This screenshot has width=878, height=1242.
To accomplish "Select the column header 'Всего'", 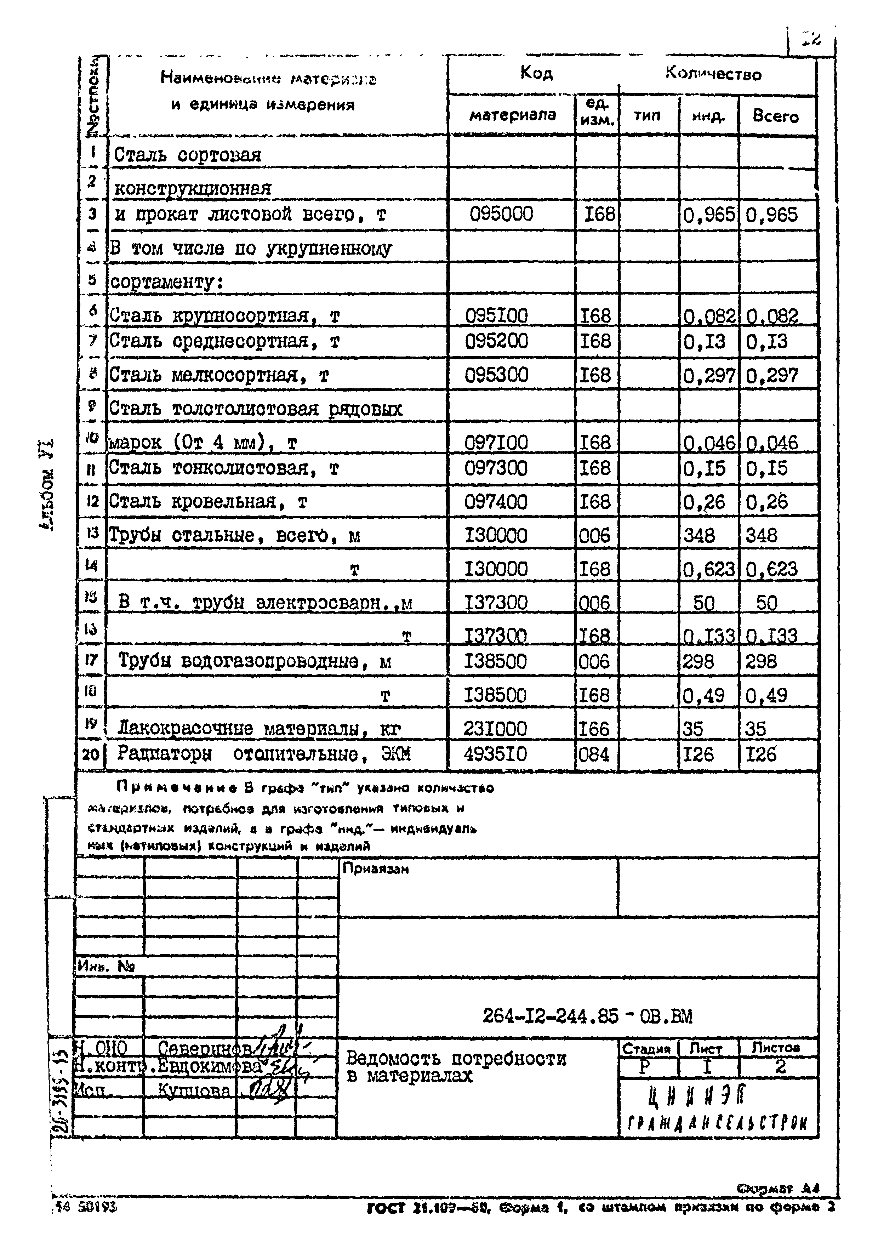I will pos(775,116).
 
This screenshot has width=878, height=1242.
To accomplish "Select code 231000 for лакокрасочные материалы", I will pos(495,728).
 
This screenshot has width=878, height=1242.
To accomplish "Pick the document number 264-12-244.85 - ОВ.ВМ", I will pos(587,1016).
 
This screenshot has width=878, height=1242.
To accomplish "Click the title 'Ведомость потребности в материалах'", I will pos(456,1067).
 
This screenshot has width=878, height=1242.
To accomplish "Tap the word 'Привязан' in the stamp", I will pos(375,869).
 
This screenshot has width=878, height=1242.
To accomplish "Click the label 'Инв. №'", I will pos(106,965).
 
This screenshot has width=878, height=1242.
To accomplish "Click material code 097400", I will pos(496,502).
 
